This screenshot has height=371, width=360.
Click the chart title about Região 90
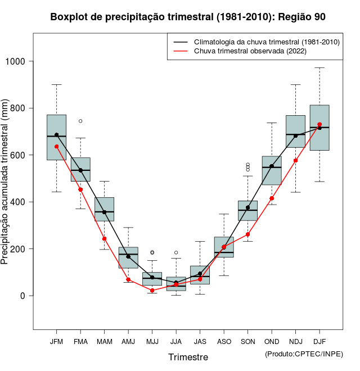(x=188, y=17)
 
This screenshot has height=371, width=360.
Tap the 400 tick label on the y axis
(x=21, y=202)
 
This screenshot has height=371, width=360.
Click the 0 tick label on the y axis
(x=23, y=296)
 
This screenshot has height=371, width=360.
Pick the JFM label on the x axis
(x=56, y=342)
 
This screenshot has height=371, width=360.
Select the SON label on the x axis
(x=247, y=342)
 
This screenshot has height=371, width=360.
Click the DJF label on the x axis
(x=319, y=342)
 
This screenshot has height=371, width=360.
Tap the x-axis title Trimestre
(x=188, y=357)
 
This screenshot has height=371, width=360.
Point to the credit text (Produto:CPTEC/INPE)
(x=304, y=354)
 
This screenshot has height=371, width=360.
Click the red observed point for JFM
(x=56, y=147)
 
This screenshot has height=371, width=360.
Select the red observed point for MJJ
(x=152, y=290)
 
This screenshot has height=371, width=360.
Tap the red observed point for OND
(x=272, y=198)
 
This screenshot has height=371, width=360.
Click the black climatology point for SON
(x=247, y=207)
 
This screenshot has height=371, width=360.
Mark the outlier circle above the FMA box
(x=80, y=121)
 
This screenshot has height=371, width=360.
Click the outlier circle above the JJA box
(x=176, y=253)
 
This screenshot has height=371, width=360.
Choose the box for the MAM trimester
(x=104, y=209)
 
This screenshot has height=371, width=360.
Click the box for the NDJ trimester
(x=295, y=132)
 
